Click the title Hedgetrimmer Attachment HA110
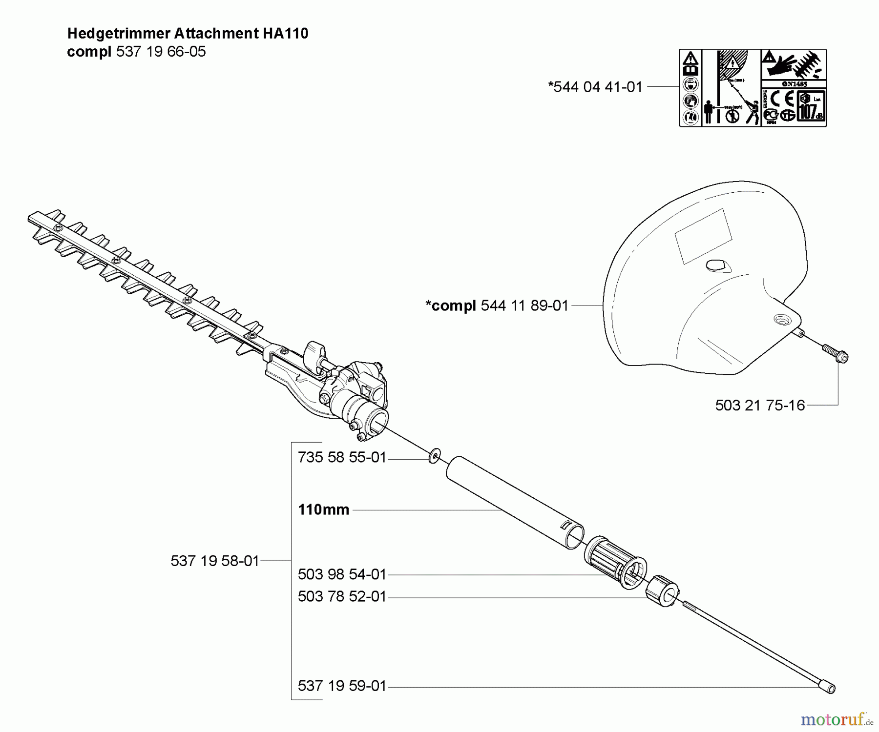click(x=188, y=33)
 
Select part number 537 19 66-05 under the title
click(x=161, y=52)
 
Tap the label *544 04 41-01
click(x=595, y=87)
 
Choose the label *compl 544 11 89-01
click(x=497, y=305)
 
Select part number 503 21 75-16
click(x=760, y=405)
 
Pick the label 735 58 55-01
click(x=342, y=458)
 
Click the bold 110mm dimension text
click(x=323, y=510)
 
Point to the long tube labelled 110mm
click(x=513, y=503)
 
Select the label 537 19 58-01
click(x=215, y=561)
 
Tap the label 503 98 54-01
click(x=342, y=574)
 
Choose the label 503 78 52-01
click(x=342, y=596)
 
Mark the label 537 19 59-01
click(x=342, y=686)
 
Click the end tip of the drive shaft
click(x=827, y=687)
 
